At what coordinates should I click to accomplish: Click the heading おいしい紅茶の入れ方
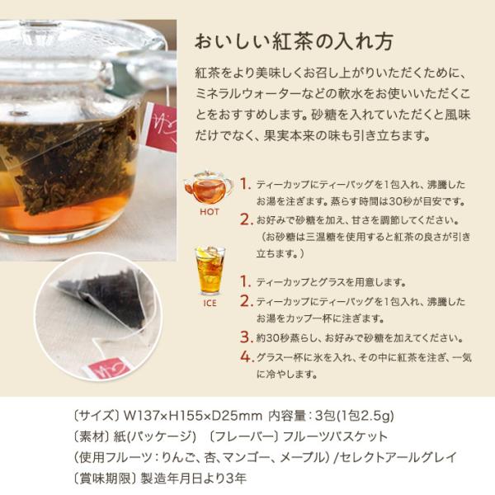[294, 42]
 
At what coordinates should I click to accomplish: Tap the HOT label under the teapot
[210, 212]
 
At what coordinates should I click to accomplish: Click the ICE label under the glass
[210, 304]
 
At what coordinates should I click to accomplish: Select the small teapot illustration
[208, 188]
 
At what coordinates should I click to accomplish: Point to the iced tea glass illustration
[210, 271]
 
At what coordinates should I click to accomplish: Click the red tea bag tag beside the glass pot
[160, 129]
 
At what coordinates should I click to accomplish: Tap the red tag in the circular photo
[106, 368]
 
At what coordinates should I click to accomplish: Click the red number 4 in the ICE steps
[246, 357]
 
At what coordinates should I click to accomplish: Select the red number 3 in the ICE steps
[246, 337]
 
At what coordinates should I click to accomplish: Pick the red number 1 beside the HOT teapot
[245, 184]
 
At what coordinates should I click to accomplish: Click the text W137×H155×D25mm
[193, 416]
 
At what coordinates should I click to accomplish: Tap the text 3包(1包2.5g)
[355, 416]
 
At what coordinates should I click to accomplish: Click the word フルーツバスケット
[335, 437]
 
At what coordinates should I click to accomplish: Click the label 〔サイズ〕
[97, 416]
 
